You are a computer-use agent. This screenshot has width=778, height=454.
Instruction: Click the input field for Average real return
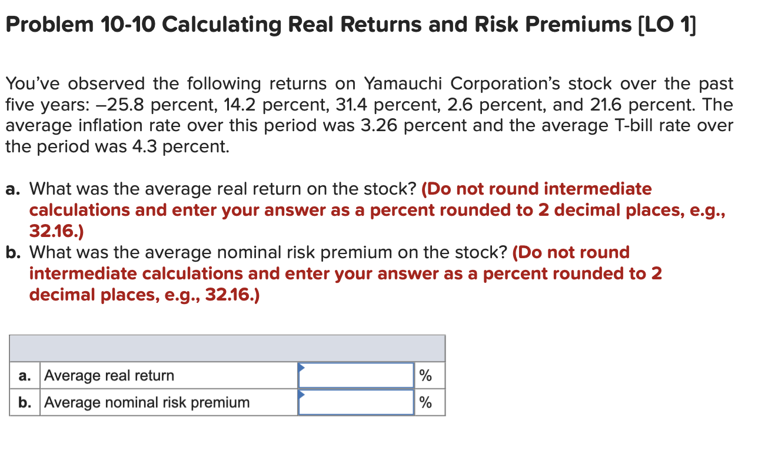(356, 375)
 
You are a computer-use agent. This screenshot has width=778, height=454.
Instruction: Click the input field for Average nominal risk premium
(356, 402)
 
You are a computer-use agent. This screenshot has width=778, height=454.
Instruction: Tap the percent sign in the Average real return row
(425, 375)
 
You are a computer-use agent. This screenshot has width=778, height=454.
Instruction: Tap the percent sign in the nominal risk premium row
(425, 402)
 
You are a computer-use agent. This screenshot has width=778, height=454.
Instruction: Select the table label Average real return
(109, 375)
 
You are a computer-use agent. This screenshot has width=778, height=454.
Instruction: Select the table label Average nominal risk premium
(147, 402)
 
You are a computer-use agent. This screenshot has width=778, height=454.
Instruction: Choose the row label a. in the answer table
(25, 375)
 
